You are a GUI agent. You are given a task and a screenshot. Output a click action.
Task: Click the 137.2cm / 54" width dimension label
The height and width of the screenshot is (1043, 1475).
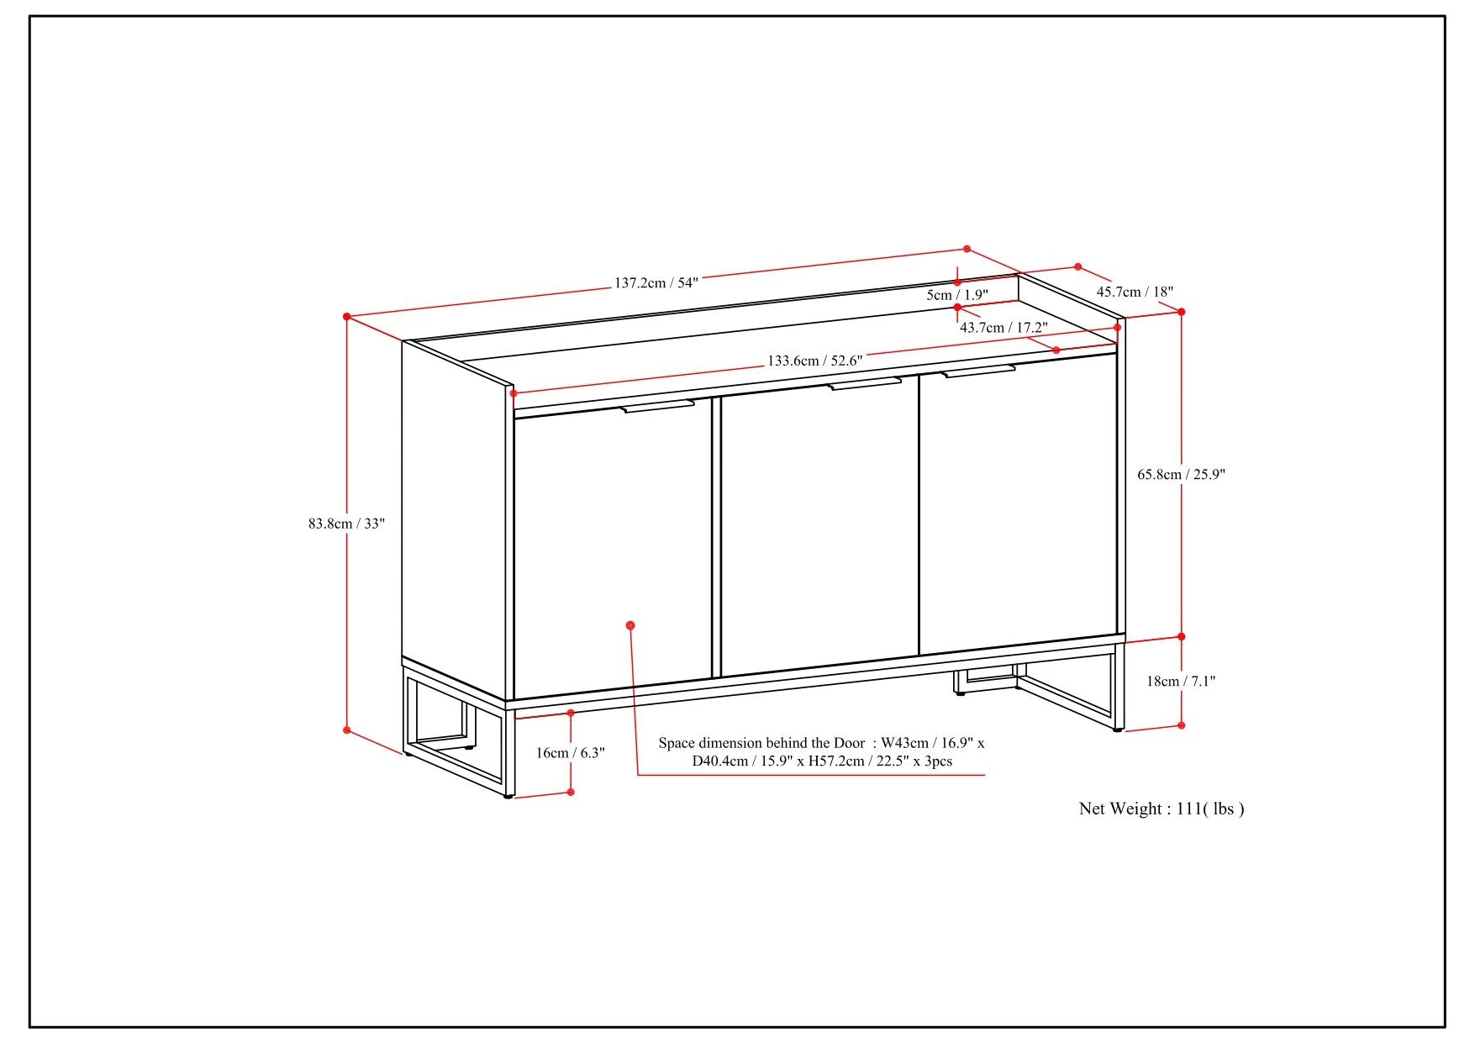tap(656, 282)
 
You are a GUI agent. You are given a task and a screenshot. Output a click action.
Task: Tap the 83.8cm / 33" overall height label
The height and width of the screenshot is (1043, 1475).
tap(346, 523)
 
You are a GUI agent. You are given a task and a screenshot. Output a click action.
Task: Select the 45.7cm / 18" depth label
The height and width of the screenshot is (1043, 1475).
tap(1135, 292)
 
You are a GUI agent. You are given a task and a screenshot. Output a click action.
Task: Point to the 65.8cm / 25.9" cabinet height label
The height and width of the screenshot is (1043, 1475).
tap(1181, 474)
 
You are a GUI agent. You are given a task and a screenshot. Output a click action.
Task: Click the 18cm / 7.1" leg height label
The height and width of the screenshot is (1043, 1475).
tap(1181, 681)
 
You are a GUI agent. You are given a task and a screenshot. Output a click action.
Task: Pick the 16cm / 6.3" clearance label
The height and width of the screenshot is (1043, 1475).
tap(570, 752)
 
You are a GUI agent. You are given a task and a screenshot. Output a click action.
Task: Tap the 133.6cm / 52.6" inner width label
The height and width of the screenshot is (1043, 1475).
tap(814, 361)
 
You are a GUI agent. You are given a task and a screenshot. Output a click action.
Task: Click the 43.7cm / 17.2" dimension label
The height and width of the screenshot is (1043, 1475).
tap(1004, 327)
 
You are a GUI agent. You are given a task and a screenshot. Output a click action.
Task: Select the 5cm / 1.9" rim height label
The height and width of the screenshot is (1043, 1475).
tap(957, 295)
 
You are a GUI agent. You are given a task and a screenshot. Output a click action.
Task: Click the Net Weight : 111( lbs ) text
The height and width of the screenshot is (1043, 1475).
tap(1162, 809)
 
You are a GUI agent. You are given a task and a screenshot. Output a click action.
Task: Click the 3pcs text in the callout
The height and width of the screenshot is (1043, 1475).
tap(937, 761)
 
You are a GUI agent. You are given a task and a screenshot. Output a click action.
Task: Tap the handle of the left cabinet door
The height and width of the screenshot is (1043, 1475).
tap(658, 407)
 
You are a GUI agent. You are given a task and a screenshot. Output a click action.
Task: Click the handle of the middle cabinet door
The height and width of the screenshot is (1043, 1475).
tap(865, 383)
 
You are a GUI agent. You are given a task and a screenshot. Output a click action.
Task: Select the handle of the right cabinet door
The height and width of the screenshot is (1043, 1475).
tap(978, 371)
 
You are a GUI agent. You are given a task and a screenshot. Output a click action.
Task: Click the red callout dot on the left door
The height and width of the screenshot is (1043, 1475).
tap(630, 625)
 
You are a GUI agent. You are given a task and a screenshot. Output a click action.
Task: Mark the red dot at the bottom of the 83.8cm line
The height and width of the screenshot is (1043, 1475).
tap(346, 730)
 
